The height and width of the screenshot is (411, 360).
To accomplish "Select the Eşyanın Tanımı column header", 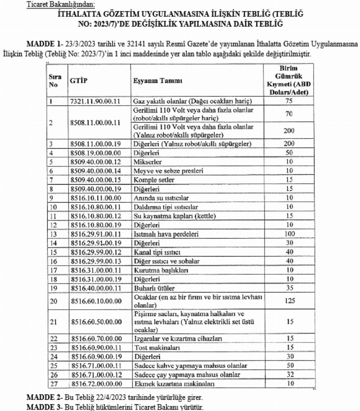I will pyautogui.click(x=156, y=81).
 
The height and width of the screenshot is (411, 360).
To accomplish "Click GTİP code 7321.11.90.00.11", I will pyautogui.click(x=94, y=101).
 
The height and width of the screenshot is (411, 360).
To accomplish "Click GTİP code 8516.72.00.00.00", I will pyautogui.click(x=94, y=384).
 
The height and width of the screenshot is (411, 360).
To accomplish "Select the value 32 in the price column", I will pyautogui.click(x=289, y=375).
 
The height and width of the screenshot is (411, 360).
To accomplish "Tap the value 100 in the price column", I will pyautogui.click(x=289, y=233).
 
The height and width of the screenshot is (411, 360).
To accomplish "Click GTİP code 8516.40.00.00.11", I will pyautogui.click(x=94, y=288).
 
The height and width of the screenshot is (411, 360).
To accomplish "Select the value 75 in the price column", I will pyautogui.click(x=289, y=101).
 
